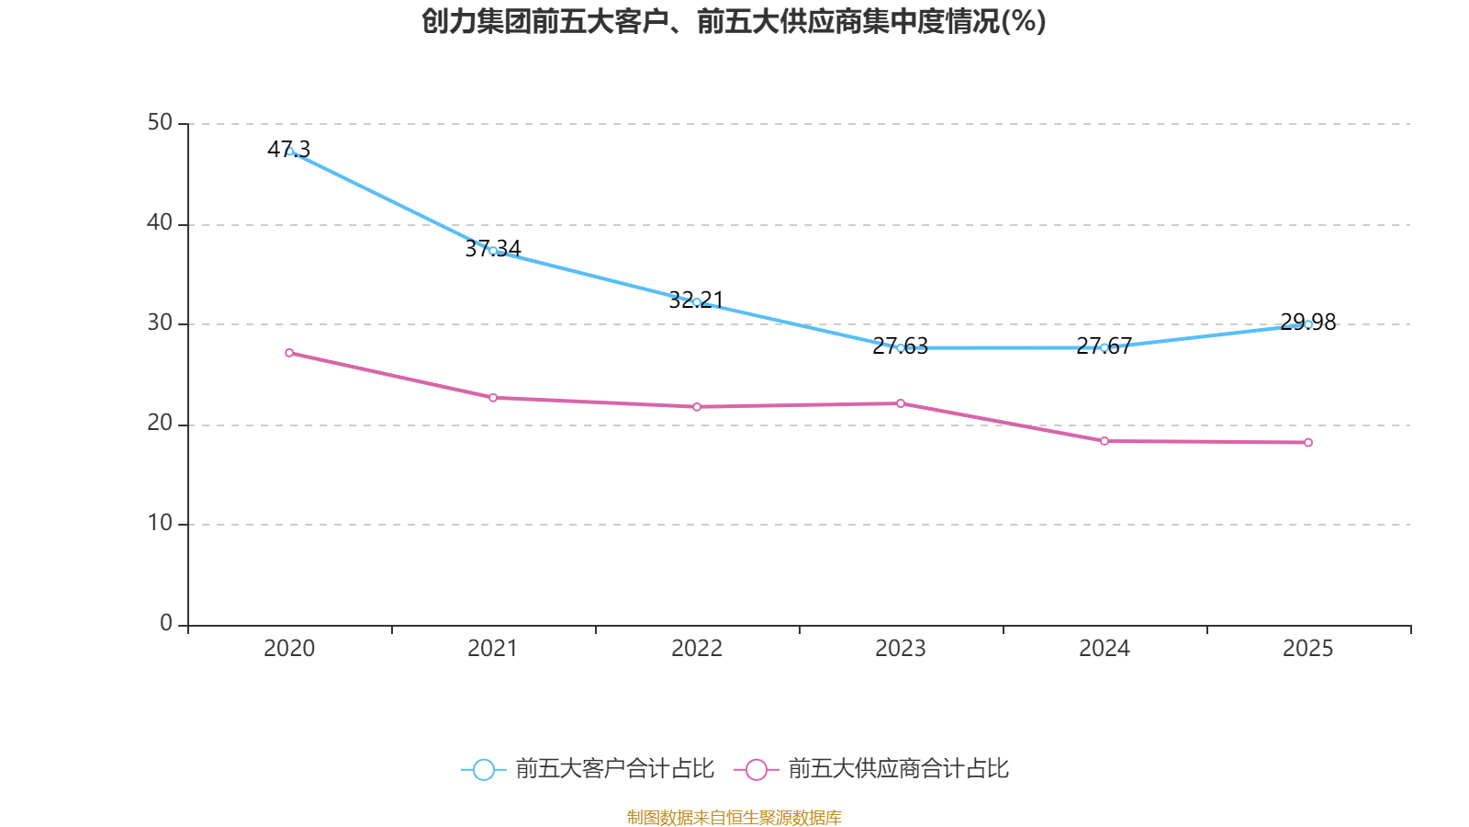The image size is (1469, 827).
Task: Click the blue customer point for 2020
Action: [x=290, y=152]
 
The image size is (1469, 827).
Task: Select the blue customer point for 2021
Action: [x=493, y=251]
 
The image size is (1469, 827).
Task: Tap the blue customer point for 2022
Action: [x=697, y=302]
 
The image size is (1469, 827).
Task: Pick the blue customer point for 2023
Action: [x=901, y=348]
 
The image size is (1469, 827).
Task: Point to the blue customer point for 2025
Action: [x=1308, y=324]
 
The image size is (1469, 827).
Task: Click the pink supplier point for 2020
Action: [x=289, y=353]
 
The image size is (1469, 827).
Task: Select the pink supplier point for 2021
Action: [x=493, y=398]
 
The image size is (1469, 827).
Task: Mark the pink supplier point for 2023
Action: [x=901, y=403]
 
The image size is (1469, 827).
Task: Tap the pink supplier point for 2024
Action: [x=1105, y=441]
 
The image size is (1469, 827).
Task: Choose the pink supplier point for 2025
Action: [x=1308, y=443]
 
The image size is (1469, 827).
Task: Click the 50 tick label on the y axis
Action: [x=160, y=123]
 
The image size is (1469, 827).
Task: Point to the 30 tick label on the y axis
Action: [x=160, y=323]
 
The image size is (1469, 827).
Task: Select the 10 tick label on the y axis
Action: [x=160, y=524]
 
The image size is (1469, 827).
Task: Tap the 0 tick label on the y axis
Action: [x=166, y=624]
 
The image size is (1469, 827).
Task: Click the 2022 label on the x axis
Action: [x=697, y=649]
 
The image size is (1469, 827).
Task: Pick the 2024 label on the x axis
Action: [x=1105, y=649]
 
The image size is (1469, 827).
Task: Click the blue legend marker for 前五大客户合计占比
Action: [x=484, y=770]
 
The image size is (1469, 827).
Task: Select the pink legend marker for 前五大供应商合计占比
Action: [x=757, y=770]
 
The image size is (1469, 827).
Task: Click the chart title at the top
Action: [x=734, y=22]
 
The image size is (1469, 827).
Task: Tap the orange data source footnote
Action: [x=734, y=817]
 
